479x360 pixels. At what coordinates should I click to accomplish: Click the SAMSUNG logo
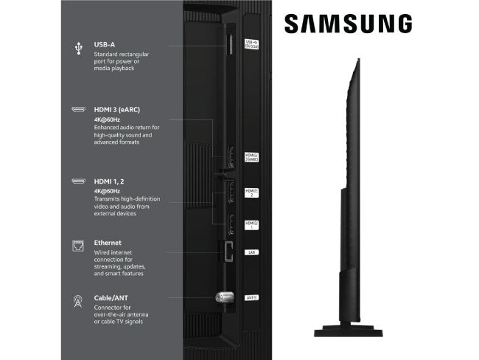pyautogui.click(x=348, y=24)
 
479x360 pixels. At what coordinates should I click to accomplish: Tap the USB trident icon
pyautogui.click(x=77, y=48)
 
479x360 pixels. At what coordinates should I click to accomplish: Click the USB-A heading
pyautogui.click(x=104, y=44)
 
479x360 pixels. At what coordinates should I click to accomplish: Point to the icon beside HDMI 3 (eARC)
pyautogui.click(x=77, y=110)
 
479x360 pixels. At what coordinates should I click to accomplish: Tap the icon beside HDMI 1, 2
pyautogui.click(x=77, y=181)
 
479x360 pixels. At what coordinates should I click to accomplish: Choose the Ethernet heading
pyautogui.click(x=108, y=242)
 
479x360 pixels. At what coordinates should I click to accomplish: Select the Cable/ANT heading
pyautogui.click(x=111, y=298)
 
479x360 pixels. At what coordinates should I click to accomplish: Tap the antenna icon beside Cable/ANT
pyautogui.click(x=77, y=301)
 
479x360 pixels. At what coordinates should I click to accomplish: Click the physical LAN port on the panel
pyautogui.click(x=227, y=251)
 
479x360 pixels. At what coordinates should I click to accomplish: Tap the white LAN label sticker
pyautogui.click(x=251, y=252)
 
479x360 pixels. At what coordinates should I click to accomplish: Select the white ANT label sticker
pyautogui.click(x=251, y=298)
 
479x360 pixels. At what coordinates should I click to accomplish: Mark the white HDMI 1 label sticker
pyautogui.click(x=251, y=224)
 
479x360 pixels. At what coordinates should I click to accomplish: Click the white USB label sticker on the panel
pyautogui.click(x=251, y=44)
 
